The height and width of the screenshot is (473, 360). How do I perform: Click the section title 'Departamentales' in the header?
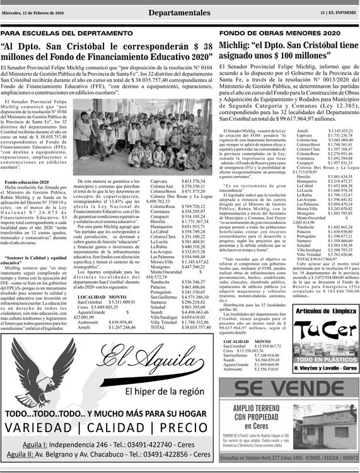(180, 13)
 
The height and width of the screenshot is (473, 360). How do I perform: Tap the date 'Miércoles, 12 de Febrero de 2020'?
(40, 13)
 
